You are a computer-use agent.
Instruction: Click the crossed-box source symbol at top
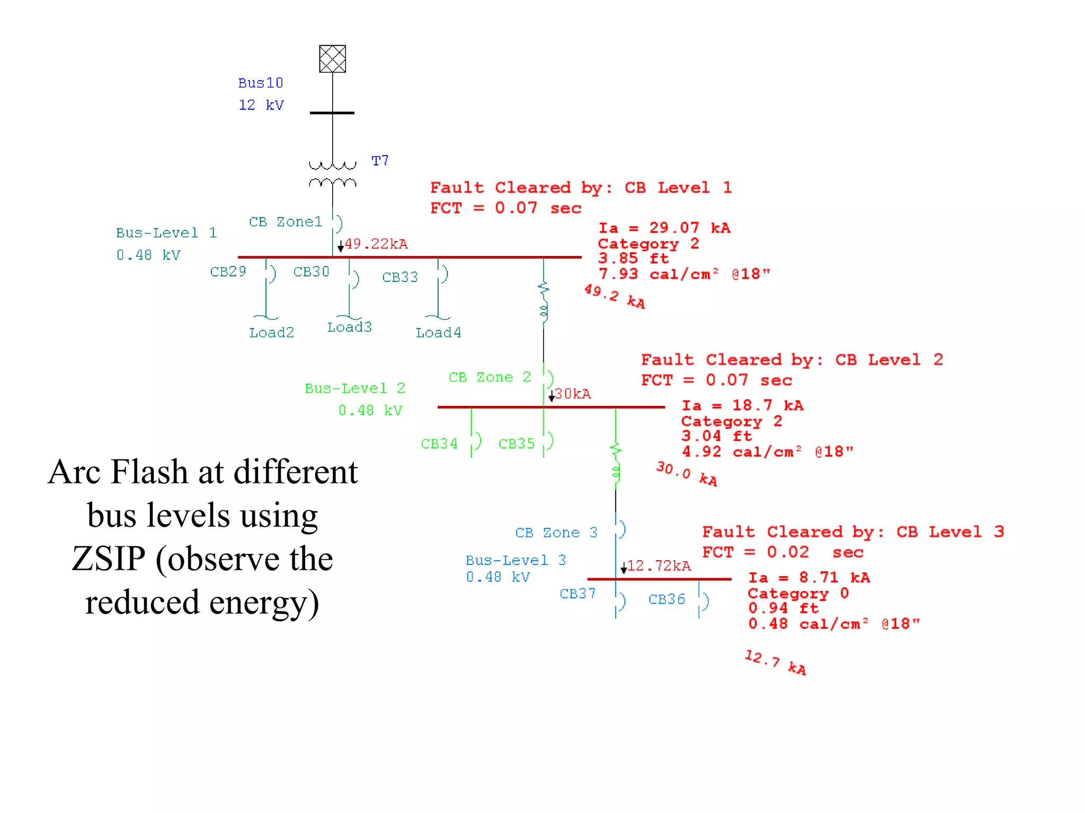pyautogui.click(x=332, y=59)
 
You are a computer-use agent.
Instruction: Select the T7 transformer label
pyautogui.click(x=380, y=161)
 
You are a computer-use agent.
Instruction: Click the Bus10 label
pyautogui.click(x=260, y=83)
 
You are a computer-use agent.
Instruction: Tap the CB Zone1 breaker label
pyautogui.click(x=286, y=222)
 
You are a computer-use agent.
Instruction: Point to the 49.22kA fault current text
pyautogui.click(x=376, y=244)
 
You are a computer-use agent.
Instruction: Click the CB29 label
pyautogui.click(x=228, y=271)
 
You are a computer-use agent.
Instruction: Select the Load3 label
pyautogui.click(x=349, y=327)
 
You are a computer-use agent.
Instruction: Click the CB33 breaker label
pyautogui.click(x=400, y=277)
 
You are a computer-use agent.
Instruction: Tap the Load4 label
pyautogui.click(x=438, y=333)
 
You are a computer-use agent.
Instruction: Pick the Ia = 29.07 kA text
pyautogui.click(x=664, y=228)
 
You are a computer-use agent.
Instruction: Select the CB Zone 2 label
pyautogui.click(x=490, y=377)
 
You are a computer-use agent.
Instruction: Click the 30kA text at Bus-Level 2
pyautogui.click(x=572, y=394)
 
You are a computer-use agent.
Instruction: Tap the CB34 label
pyautogui.click(x=439, y=444)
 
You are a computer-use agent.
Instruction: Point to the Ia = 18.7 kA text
pyautogui.click(x=742, y=405)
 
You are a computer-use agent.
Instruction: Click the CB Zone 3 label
pyautogui.click(x=556, y=533)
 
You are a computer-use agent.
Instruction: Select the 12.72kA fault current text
pyautogui.click(x=659, y=566)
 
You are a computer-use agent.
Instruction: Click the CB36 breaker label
pyautogui.click(x=666, y=599)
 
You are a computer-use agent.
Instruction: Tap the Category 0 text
pyautogui.click(x=798, y=593)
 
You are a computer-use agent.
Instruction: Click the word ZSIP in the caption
pyautogui.click(x=109, y=559)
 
